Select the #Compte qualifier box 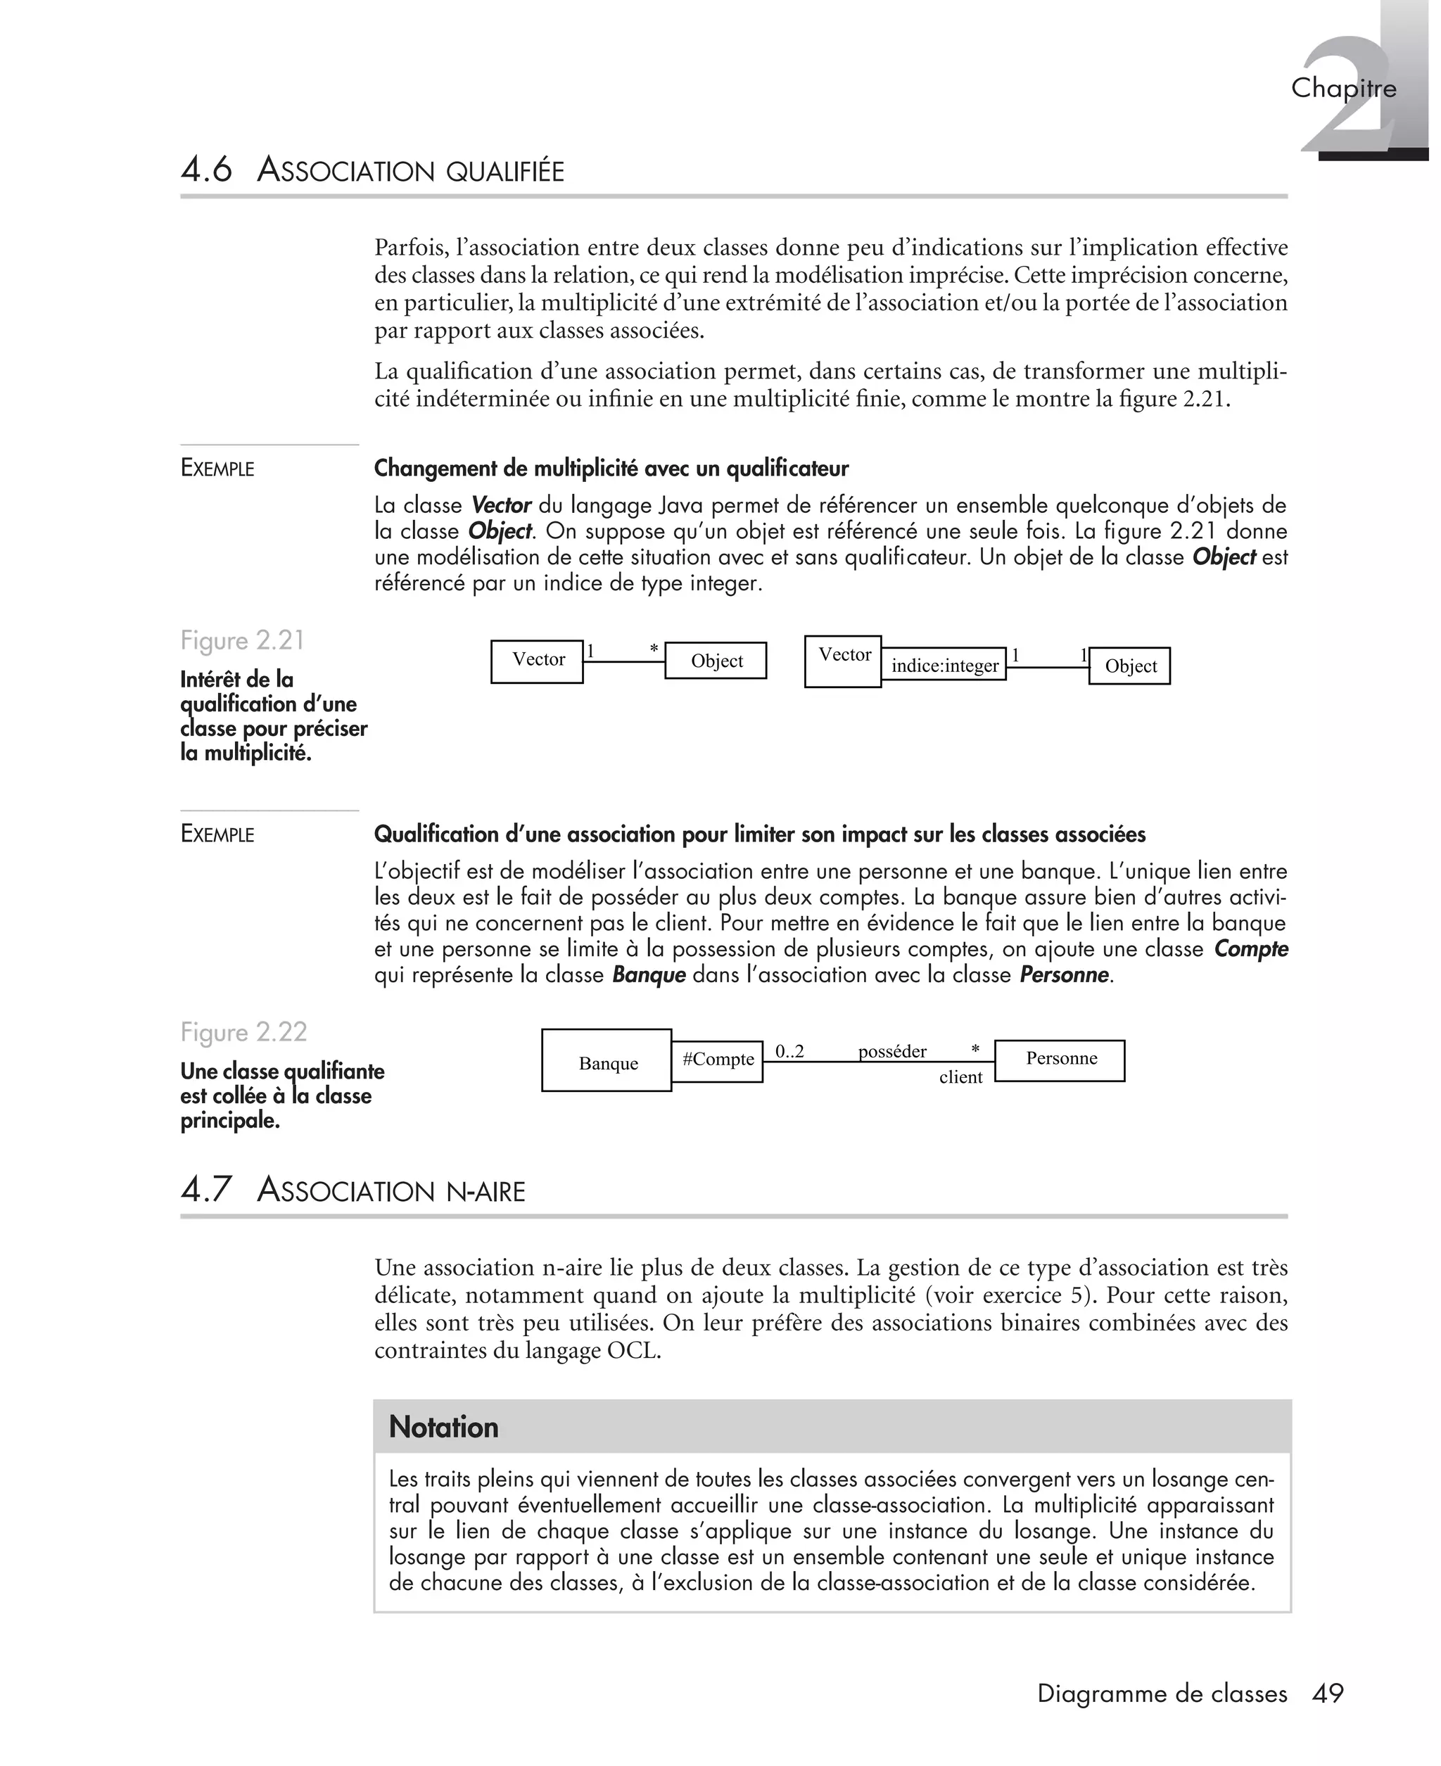(x=717, y=1060)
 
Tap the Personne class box (x=1060, y=1060)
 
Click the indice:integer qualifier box (x=944, y=665)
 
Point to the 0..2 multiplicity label (x=789, y=1051)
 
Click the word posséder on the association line (x=892, y=1051)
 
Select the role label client (x=960, y=1077)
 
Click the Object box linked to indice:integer (x=1130, y=666)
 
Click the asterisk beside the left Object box (x=654, y=649)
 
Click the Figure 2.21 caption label (x=242, y=641)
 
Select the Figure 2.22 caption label (x=243, y=1031)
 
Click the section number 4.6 (x=207, y=170)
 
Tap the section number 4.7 (x=207, y=1189)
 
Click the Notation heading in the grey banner (x=444, y=1427)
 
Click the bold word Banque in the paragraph (x=648, y=974)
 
